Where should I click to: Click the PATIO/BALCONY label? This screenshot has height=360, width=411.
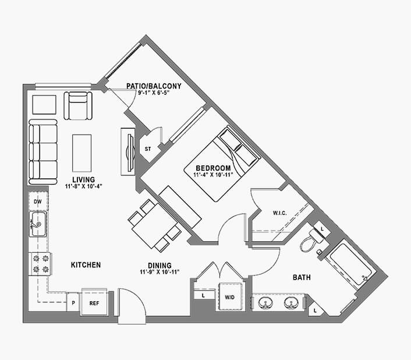[x=154, y=86]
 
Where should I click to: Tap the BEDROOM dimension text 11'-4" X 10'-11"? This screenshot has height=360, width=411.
[x=213, y=175]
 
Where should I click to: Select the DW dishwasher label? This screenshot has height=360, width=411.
[x=38, y=202]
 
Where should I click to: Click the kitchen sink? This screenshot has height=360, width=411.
[x=38, y=224]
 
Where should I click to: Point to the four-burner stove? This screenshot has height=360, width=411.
[x=40, y=264]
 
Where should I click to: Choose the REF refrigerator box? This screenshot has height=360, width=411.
[x=94, y=302]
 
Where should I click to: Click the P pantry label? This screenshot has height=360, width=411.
[x=73, y=303]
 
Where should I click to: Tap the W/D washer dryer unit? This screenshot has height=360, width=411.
[x=230, y=297]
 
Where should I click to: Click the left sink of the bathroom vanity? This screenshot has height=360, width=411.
[x=265, y=303]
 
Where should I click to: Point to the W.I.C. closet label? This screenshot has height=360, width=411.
[x=279, y=213]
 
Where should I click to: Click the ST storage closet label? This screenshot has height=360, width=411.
[x=148, y=149]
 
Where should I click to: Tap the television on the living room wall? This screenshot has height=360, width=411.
[x=130, y=153]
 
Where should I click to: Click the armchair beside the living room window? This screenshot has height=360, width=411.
[x=78, y=105]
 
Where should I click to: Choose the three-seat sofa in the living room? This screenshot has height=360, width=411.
[x=43, y=152]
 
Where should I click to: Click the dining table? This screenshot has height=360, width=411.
[x=154, y=226]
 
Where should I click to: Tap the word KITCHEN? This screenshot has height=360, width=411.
[x=86, y=265]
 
